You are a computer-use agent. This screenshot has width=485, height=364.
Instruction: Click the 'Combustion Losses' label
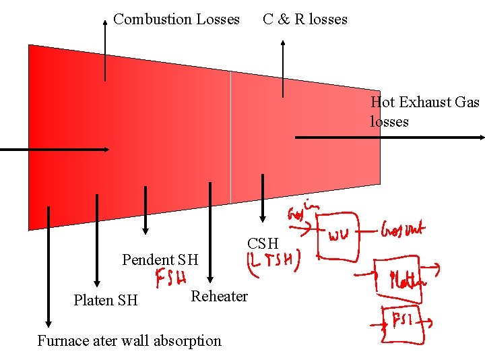[x=176, y=19]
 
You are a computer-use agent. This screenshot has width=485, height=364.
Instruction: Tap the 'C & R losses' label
[x=305, y=19]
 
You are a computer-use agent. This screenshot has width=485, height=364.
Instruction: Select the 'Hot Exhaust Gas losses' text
[x=424, y=111]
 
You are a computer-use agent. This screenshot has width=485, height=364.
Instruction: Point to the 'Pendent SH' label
[x=160, y=260]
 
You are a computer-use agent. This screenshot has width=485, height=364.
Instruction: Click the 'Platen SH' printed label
[x=105, y=300]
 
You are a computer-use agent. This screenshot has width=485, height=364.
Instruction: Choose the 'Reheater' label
[x=219, y=296]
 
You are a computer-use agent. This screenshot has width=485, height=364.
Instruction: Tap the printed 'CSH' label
[x=263, y=243]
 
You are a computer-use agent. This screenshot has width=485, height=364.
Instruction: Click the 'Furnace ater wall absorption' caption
[x=129, y=340]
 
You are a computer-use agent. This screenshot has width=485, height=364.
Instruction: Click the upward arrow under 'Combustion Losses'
[x=105, y=51]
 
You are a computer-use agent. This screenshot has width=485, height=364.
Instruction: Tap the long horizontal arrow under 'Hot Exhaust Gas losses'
[x=389, y=138]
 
